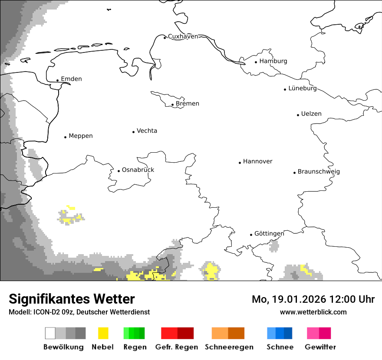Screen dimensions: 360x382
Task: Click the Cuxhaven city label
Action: click(x=183, y=36)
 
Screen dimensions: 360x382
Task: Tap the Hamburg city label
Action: click(x=273, y=61)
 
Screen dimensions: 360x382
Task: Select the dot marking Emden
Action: click(x=57, y=80)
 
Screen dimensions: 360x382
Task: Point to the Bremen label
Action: click(x=188, y=104)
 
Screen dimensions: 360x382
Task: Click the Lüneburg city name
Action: click(x=303, y=88)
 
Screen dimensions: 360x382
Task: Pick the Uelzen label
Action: click(x=311, y=114)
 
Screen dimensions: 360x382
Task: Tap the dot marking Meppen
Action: click(x=65, y=137)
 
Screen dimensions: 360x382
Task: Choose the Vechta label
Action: click(x=147, y=131)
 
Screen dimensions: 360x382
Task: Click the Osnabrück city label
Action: click(x=138, y=170)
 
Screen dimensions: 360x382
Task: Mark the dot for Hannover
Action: click(x=240, y=163)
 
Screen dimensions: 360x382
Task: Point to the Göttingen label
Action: click(x=269, y=234)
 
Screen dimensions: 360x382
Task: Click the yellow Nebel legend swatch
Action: click(x=103, y=333)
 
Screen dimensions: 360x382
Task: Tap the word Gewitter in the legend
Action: click(x=320, y=347)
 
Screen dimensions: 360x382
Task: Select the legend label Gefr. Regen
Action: click(x=177, y=347)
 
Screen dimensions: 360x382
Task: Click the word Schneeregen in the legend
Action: click(x=229, y=347)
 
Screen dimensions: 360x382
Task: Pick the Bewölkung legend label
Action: click(x=63, y=347)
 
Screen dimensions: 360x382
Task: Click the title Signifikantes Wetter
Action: click(x=72, y=299)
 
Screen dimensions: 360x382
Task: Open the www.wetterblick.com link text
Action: click(x=313, y=312)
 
